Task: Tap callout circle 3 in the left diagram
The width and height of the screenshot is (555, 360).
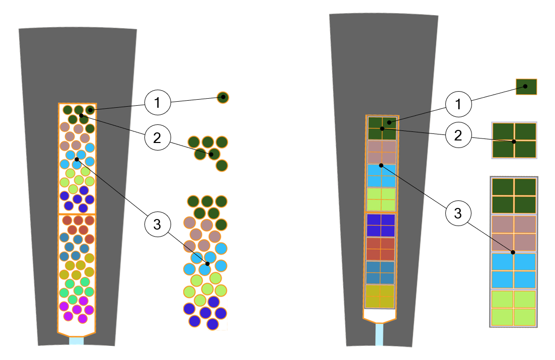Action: pos(157,225)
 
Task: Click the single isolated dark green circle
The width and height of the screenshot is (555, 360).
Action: pos(223,97)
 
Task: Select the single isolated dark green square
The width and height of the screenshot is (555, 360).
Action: pos(526,87)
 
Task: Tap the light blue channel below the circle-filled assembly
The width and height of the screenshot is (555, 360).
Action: pos(76,341)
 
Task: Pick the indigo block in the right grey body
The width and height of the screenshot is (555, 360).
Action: pos(381,225)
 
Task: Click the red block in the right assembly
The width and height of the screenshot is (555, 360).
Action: pos(381,249)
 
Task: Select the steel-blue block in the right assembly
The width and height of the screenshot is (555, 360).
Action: pos(381,272)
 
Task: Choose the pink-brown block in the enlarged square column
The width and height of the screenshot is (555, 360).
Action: pos(514,233)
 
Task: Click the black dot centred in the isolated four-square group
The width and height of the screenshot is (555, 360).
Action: pos(514,141)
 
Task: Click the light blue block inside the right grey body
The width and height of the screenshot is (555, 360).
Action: pos(381,176)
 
